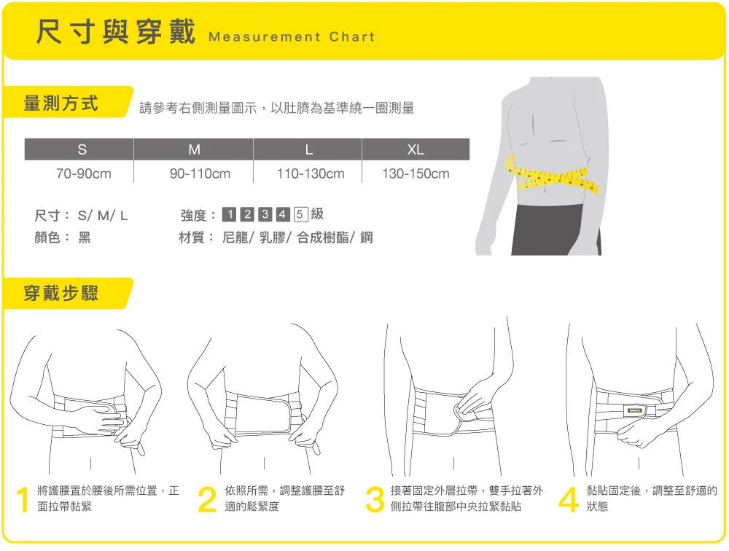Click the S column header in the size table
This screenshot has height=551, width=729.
click(82, 149)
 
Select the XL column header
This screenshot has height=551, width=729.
click(416, 149)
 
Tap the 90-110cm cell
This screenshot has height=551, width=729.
click(200, 174)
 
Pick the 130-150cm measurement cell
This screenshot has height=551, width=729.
click(416, 174)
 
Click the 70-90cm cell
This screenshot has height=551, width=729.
click(84, 174)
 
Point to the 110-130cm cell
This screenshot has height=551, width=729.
click(311, 174)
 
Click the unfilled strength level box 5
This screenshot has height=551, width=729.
click(300, 214)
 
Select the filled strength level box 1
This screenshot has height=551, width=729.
click(229, 214)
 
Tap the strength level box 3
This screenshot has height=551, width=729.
click(265, 214)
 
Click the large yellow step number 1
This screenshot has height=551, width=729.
click(23, 499)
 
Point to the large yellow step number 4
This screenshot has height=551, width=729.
click(568, 499)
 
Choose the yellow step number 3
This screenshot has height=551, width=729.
click(375, 499)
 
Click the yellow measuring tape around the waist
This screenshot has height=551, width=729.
click(551, 176)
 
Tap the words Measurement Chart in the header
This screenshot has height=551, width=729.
click(292, 36)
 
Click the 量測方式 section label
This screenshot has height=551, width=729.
click(61, 103)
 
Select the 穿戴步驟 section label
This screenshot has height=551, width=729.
click(61, 294)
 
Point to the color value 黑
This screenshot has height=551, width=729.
click(84, 238)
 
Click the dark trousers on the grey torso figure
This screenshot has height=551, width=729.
click(555, 230)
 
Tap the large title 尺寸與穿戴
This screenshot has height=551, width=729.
click(116, 32)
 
